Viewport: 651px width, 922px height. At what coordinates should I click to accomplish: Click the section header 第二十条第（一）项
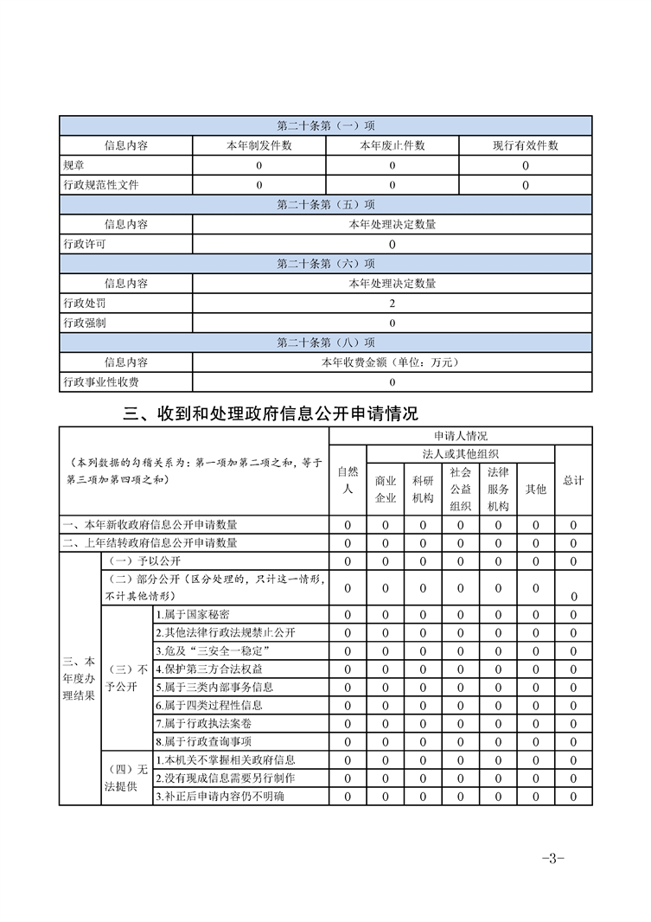[325, 126]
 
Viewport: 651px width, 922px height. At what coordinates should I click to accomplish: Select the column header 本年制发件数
[258, 146]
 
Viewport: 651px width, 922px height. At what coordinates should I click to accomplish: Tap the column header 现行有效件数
[526, 146]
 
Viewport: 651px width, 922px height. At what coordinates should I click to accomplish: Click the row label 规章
[74, 165]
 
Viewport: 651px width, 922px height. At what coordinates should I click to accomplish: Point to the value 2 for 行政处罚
[392, 304]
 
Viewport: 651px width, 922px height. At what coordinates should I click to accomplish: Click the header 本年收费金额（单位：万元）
[392, 362]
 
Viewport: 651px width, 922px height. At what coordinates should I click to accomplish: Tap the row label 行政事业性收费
[101, 382]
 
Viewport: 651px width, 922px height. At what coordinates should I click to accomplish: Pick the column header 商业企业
[386, 489]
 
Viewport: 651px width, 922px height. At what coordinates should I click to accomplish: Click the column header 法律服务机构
[498, 489]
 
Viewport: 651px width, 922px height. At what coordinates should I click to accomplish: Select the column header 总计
[573, 480]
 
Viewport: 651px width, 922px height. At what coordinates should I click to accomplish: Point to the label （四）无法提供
[126, 778]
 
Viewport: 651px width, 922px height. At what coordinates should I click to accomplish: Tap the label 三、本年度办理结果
[80, 678]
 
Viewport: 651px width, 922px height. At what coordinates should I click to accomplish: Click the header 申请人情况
[461, 436]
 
